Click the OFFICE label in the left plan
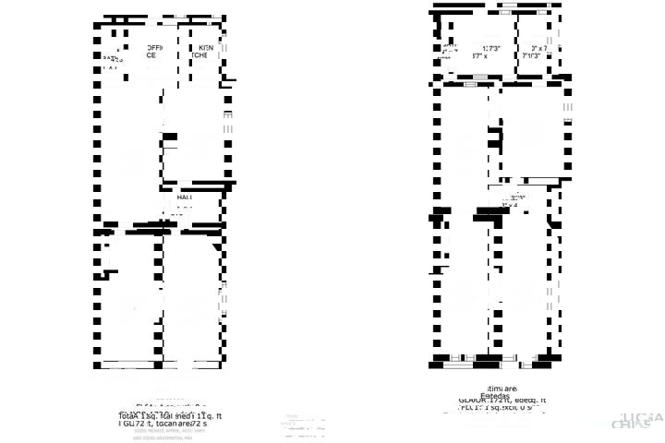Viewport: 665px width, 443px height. (150, 52)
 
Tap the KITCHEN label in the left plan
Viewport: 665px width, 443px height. (205, 52)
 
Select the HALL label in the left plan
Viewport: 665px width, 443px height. (184, 198)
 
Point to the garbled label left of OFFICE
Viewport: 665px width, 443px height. (112, 59)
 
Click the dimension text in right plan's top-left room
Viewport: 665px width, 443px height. (479, 52)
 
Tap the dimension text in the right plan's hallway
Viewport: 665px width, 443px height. (514, 200)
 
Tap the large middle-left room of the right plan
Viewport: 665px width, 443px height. (466, 148)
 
